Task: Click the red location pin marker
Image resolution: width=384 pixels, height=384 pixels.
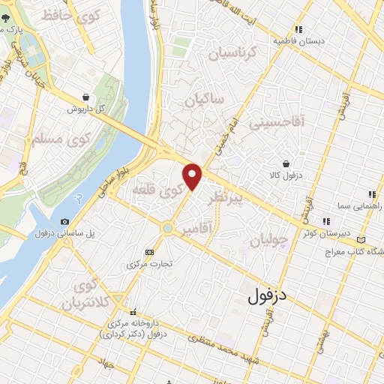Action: coord(193,176)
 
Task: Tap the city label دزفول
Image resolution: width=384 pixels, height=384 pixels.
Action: coord(268,295)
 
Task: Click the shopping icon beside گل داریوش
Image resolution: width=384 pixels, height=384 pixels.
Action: coord(88,97)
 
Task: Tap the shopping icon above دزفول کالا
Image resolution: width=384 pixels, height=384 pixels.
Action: coord(286,163)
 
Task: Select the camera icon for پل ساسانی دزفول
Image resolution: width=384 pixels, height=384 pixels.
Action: coord(65,221)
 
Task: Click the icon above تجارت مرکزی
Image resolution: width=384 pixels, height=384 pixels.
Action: coord(149,252)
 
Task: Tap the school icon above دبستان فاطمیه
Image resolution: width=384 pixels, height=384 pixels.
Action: coord(298,29)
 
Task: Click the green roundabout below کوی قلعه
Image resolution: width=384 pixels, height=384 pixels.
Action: coord(168,228)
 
